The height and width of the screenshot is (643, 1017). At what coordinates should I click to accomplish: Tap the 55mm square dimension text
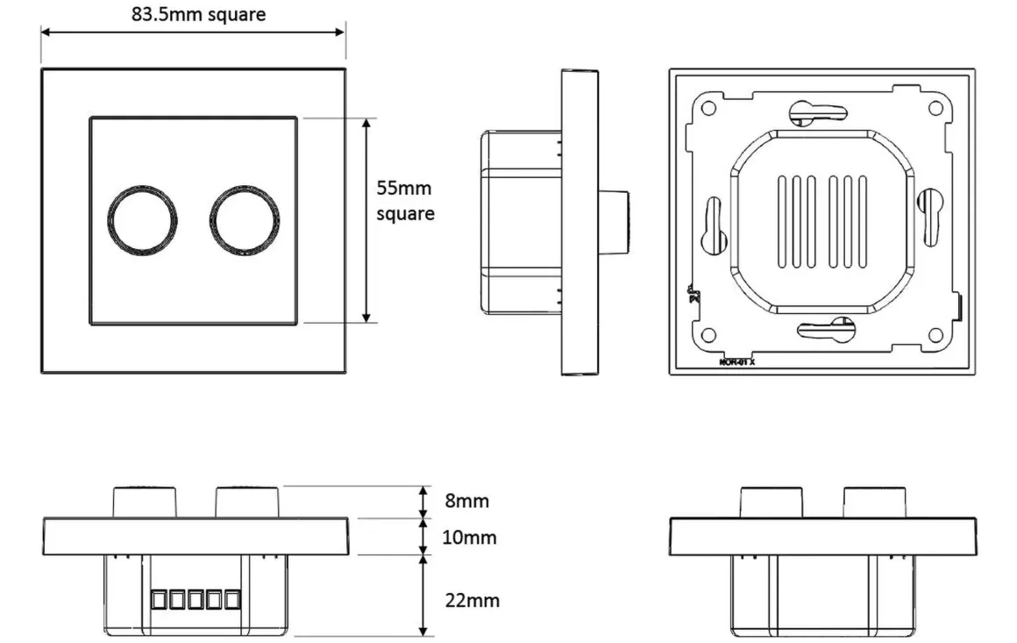pyautogui.click(x=404, y=200)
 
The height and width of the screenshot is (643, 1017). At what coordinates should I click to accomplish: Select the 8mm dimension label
pyautogui.click(x=466, y=502)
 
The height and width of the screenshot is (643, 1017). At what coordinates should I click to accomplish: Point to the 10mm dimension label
pyautogui.click(x=468, y=537)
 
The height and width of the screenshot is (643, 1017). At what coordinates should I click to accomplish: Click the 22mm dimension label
pyautogui.click(x=472, y=600)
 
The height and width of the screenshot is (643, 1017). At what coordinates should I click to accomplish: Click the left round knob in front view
pyautogui.click(x=142, y=220)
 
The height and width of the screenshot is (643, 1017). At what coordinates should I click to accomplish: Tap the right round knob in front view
pyautogui.click(x=245, y=220)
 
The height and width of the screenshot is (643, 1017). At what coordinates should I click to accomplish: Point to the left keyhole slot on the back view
pyautogui.click(x=711, y=224)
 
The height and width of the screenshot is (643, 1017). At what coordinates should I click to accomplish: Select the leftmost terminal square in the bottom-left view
pyautogui.click(x=158, y=600)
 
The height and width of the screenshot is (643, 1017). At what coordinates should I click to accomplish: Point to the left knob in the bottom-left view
pyautogui.click(x=145, y=502)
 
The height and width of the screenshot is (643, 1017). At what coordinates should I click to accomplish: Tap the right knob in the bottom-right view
pyautogui.click(x=875, y=502)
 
